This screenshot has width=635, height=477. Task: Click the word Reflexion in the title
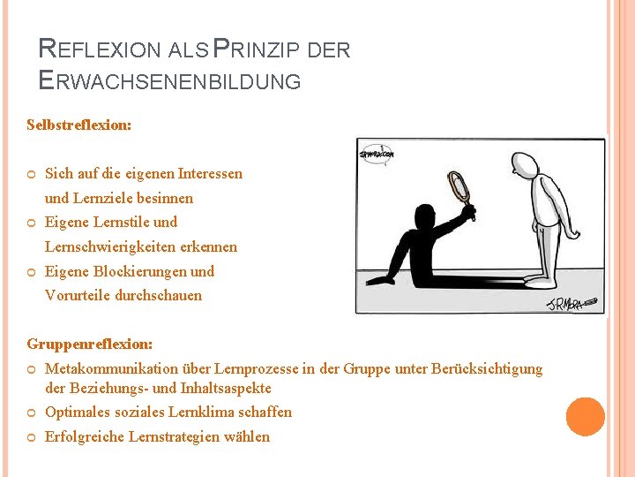(x=100, y=49)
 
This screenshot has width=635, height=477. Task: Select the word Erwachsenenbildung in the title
(x=169, y=80)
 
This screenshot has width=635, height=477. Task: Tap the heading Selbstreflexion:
(x=79, y=125)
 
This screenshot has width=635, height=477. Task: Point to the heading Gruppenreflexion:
(x=89, y=344)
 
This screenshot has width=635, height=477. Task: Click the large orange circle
(x=586, y=417)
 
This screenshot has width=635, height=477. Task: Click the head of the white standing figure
(x=524, y=164)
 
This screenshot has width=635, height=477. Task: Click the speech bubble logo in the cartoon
(x=377, y=154)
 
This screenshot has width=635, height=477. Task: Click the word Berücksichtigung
(x=487, y=369)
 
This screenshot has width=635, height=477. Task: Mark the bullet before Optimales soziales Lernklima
(x=32, y=413)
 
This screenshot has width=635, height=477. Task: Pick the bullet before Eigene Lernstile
(x=32, y=223)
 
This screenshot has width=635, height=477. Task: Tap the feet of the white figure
(x=540, y=281)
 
